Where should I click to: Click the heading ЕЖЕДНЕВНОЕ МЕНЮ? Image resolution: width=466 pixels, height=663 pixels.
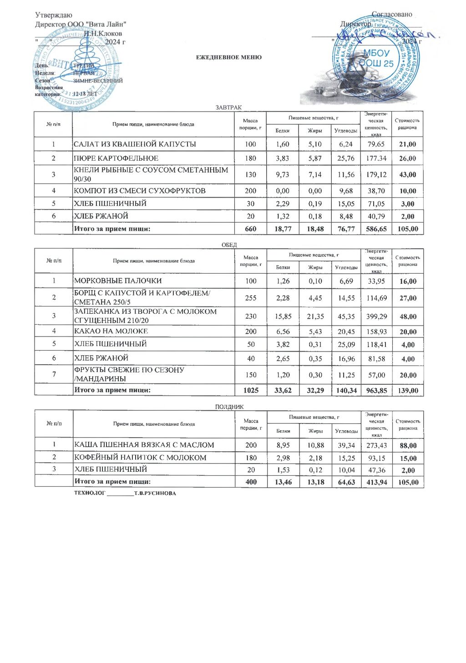click(x=229, y=57)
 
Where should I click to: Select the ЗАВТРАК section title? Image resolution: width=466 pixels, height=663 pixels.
click(x=228, y=107)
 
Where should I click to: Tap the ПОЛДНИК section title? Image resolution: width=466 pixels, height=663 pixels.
click(x=229, y=407)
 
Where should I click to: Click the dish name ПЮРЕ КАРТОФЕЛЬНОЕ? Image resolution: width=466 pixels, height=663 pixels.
click(x=116, y=158)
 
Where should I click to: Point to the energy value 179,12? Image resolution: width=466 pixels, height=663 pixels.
click(x=376, y=174)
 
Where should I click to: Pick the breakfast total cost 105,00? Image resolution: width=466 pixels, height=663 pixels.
click(x=407, y=229)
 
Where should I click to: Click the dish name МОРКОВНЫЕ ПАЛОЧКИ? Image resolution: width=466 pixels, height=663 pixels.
click(x=118, y=281)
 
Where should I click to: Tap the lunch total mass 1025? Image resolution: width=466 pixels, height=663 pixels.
click(x=251, y=390)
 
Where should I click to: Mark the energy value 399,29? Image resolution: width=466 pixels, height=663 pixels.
click(x=376, y=316)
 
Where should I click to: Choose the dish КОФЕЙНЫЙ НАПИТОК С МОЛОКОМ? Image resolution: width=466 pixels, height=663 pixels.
click(x=140, y=458)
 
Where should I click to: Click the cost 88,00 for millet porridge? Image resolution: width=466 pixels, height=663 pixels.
click(x=408, y=445)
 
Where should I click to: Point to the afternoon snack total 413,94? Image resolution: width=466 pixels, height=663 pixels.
click(x=376, y=482)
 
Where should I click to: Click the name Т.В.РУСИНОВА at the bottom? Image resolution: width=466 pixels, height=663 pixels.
click(x=155, y=493)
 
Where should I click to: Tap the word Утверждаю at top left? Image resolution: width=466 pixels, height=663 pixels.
click(x=54, y=15)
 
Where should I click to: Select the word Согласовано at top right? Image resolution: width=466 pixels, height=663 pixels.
click(x=392, y=15)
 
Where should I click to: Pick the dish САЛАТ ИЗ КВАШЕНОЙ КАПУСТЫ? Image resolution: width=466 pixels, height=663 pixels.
click(x=135, y=144)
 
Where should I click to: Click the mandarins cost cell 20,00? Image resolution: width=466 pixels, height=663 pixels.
click(x=408, y=375)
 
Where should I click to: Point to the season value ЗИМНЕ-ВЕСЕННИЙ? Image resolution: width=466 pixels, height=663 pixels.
click(x=98, y=81)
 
